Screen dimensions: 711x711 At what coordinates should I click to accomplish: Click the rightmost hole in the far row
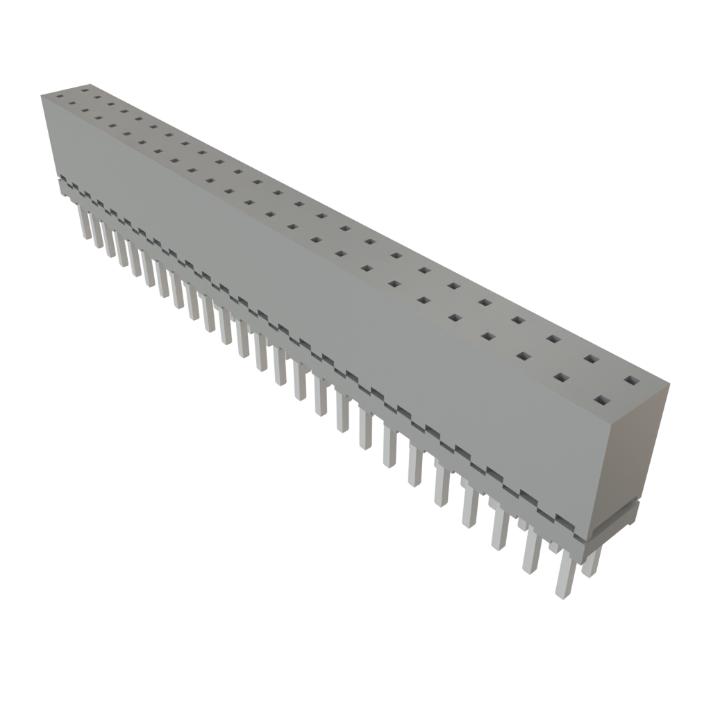coord(631,380)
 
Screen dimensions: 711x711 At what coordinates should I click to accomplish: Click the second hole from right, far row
coord(592,359)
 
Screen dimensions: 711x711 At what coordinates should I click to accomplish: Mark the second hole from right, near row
coord(562,378)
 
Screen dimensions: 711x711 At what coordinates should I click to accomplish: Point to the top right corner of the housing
coord(669,381)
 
